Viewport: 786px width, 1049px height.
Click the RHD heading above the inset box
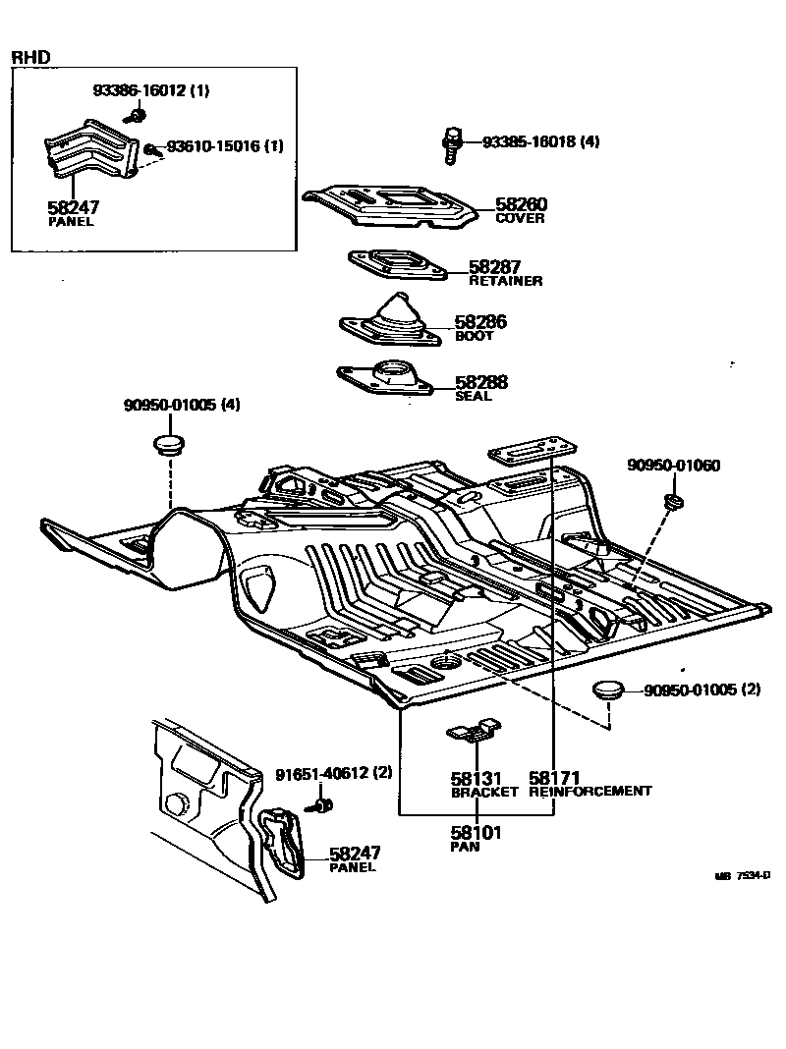[30, 58]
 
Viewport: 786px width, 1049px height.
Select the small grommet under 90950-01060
[674, 503]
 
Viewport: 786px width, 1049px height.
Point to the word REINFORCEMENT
[589, 791]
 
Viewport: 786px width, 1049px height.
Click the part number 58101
[476, 833]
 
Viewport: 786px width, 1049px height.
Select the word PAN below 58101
[465, 847]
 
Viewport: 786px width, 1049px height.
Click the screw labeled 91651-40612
[320, 806]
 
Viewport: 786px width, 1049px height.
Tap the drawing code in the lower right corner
[742, 875]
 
